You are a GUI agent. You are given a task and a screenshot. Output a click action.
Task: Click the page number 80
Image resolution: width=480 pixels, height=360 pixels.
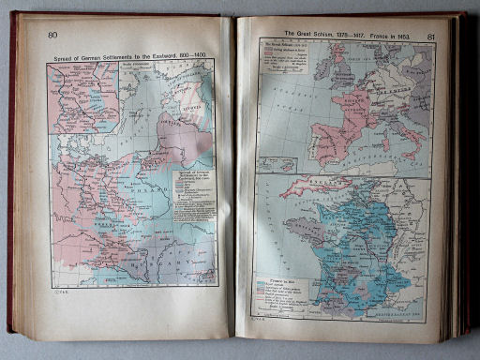52,37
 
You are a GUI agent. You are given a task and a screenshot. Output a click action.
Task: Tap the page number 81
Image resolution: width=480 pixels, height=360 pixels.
430,37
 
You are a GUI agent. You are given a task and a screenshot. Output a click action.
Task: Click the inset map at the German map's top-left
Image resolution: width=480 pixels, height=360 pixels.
83,97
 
